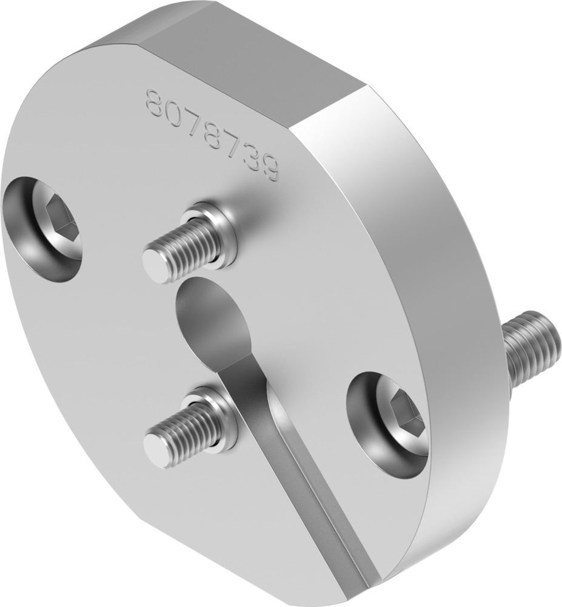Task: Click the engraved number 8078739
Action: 212,135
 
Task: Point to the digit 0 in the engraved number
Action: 173,112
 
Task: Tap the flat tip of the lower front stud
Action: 157,452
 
